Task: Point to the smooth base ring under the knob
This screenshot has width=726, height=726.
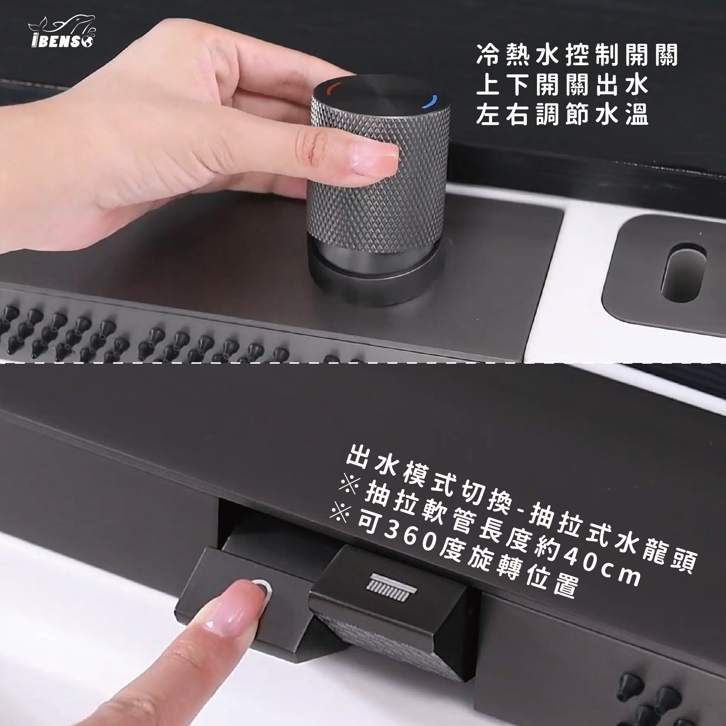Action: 376,278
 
